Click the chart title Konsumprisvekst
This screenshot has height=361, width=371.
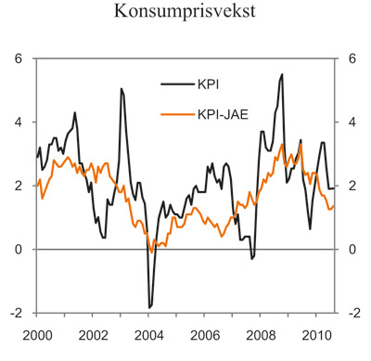[185, 12]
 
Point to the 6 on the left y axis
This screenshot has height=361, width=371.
[18, 58]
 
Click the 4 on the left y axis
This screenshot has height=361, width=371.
[18, 122]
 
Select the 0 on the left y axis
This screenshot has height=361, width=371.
[18, 250]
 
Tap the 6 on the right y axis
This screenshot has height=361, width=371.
[352, 58]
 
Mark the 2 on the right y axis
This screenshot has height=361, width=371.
[352, 186]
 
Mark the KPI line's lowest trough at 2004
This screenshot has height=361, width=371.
[149, 306]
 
